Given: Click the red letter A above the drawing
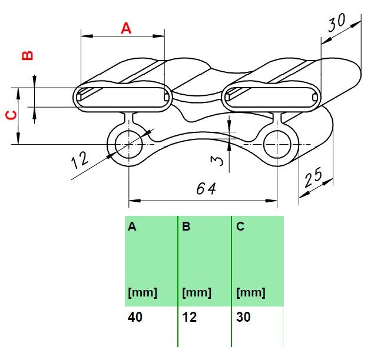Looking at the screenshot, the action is click(x=126, y=28).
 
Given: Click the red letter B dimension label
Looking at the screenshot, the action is click(x=28, y=55).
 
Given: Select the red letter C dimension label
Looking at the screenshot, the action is click(x=11, y=115).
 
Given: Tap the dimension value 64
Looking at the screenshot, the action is click(x=206, y=189).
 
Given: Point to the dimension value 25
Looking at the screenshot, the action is click(x=313, y=177).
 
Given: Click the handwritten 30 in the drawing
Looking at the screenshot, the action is click(x=337, y=22).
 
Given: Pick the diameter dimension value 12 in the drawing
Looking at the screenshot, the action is click(x=80, y=160).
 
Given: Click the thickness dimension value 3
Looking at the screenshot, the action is click(x=217, y=161).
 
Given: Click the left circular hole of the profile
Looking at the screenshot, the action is click(x=128, y=144).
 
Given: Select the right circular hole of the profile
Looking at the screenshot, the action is click(x=277, y=144).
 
